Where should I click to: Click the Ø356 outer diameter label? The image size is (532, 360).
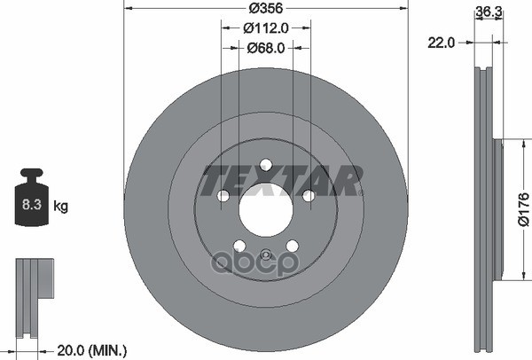[x=265, y=8]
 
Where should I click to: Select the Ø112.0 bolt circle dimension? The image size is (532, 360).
[x=265, y=27]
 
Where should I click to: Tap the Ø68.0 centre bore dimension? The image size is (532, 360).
[x=265, y=49]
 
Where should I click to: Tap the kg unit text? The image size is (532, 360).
[x=61, y=206]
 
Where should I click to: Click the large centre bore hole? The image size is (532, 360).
[x=265, y=210]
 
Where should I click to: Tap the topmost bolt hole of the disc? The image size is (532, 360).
[x=265, y=163]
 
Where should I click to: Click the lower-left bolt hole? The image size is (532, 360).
[x=239, y=247]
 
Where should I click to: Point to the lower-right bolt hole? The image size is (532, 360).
[x=293, y=247]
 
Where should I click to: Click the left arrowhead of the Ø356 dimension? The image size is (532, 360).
[x=128, y=8]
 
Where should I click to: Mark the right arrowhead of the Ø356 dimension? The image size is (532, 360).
[x=403, y=8]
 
